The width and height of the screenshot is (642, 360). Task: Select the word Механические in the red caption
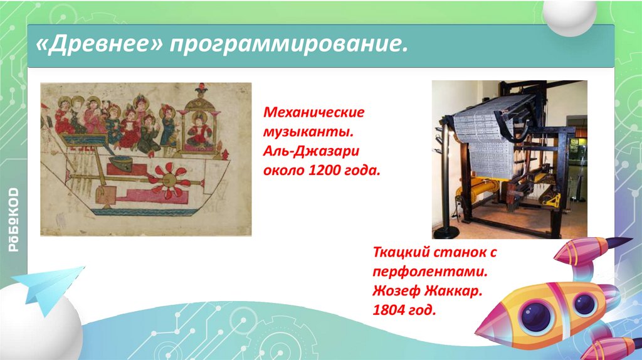point(313,112)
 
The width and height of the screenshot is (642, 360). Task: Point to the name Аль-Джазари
point(311,151)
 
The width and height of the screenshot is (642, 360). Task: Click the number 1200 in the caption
point(326,170)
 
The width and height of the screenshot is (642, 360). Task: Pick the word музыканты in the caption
point(308,132)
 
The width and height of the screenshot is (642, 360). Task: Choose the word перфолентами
point(430,272)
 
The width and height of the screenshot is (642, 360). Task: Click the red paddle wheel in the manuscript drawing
point(169,181)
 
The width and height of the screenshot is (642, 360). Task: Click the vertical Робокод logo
point(14,220)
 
